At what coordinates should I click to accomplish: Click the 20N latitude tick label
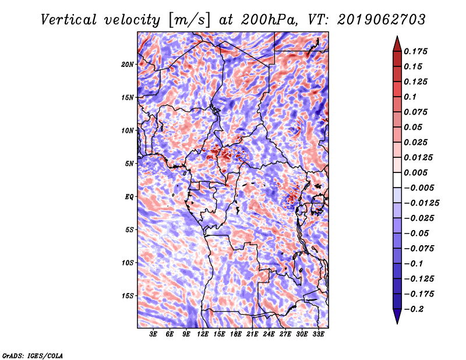128,65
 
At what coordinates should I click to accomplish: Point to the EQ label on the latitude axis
129,197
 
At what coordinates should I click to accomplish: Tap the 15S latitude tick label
128,296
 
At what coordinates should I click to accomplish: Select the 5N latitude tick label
129,164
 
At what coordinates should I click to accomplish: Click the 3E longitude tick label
153,334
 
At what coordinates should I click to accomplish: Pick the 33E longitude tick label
318,334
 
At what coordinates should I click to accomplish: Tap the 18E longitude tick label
236,334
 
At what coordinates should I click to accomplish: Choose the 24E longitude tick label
269,334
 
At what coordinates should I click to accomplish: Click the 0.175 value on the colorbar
415,51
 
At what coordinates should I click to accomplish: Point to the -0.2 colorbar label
414,309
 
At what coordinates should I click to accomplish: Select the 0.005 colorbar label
415,172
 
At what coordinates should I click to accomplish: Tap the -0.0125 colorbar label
421,203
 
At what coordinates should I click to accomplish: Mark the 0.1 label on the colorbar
410,97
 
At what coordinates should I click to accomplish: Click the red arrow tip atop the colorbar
397,36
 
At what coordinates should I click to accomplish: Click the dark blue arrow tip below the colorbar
397,323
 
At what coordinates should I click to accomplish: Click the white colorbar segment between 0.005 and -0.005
397,180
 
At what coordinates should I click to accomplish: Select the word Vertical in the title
68,20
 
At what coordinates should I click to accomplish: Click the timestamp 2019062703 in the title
382,20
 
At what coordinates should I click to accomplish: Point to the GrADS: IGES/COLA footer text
33,355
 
